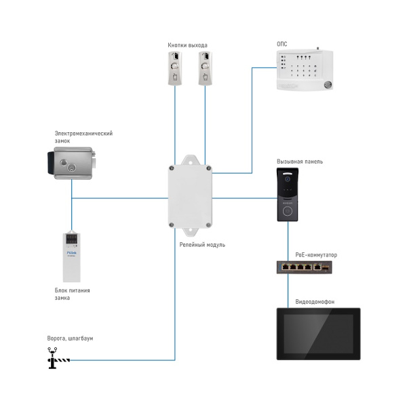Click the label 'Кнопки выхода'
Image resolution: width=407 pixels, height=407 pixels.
point(187,45)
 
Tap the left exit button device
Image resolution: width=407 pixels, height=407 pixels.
point(174,69)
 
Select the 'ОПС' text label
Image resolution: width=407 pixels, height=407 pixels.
point(282,43)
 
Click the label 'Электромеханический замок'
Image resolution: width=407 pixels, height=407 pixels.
point(83,137)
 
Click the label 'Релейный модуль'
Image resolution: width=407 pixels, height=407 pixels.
point(202,244)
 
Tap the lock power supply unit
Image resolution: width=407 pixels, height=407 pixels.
point(71,257)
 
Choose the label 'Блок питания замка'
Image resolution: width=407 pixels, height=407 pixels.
point(72,294)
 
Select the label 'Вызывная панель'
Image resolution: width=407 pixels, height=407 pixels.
point(299,161)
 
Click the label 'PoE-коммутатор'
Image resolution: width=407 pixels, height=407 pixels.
point(316,255)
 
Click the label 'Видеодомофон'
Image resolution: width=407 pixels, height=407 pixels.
point(315,301)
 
